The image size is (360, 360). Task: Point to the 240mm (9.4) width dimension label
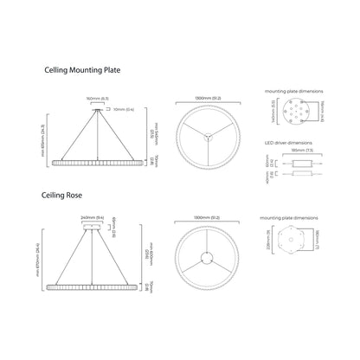(x=93, y=218)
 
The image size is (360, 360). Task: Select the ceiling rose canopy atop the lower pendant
(x=93, y=230)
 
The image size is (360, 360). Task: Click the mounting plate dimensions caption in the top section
(x=294, y=91)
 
